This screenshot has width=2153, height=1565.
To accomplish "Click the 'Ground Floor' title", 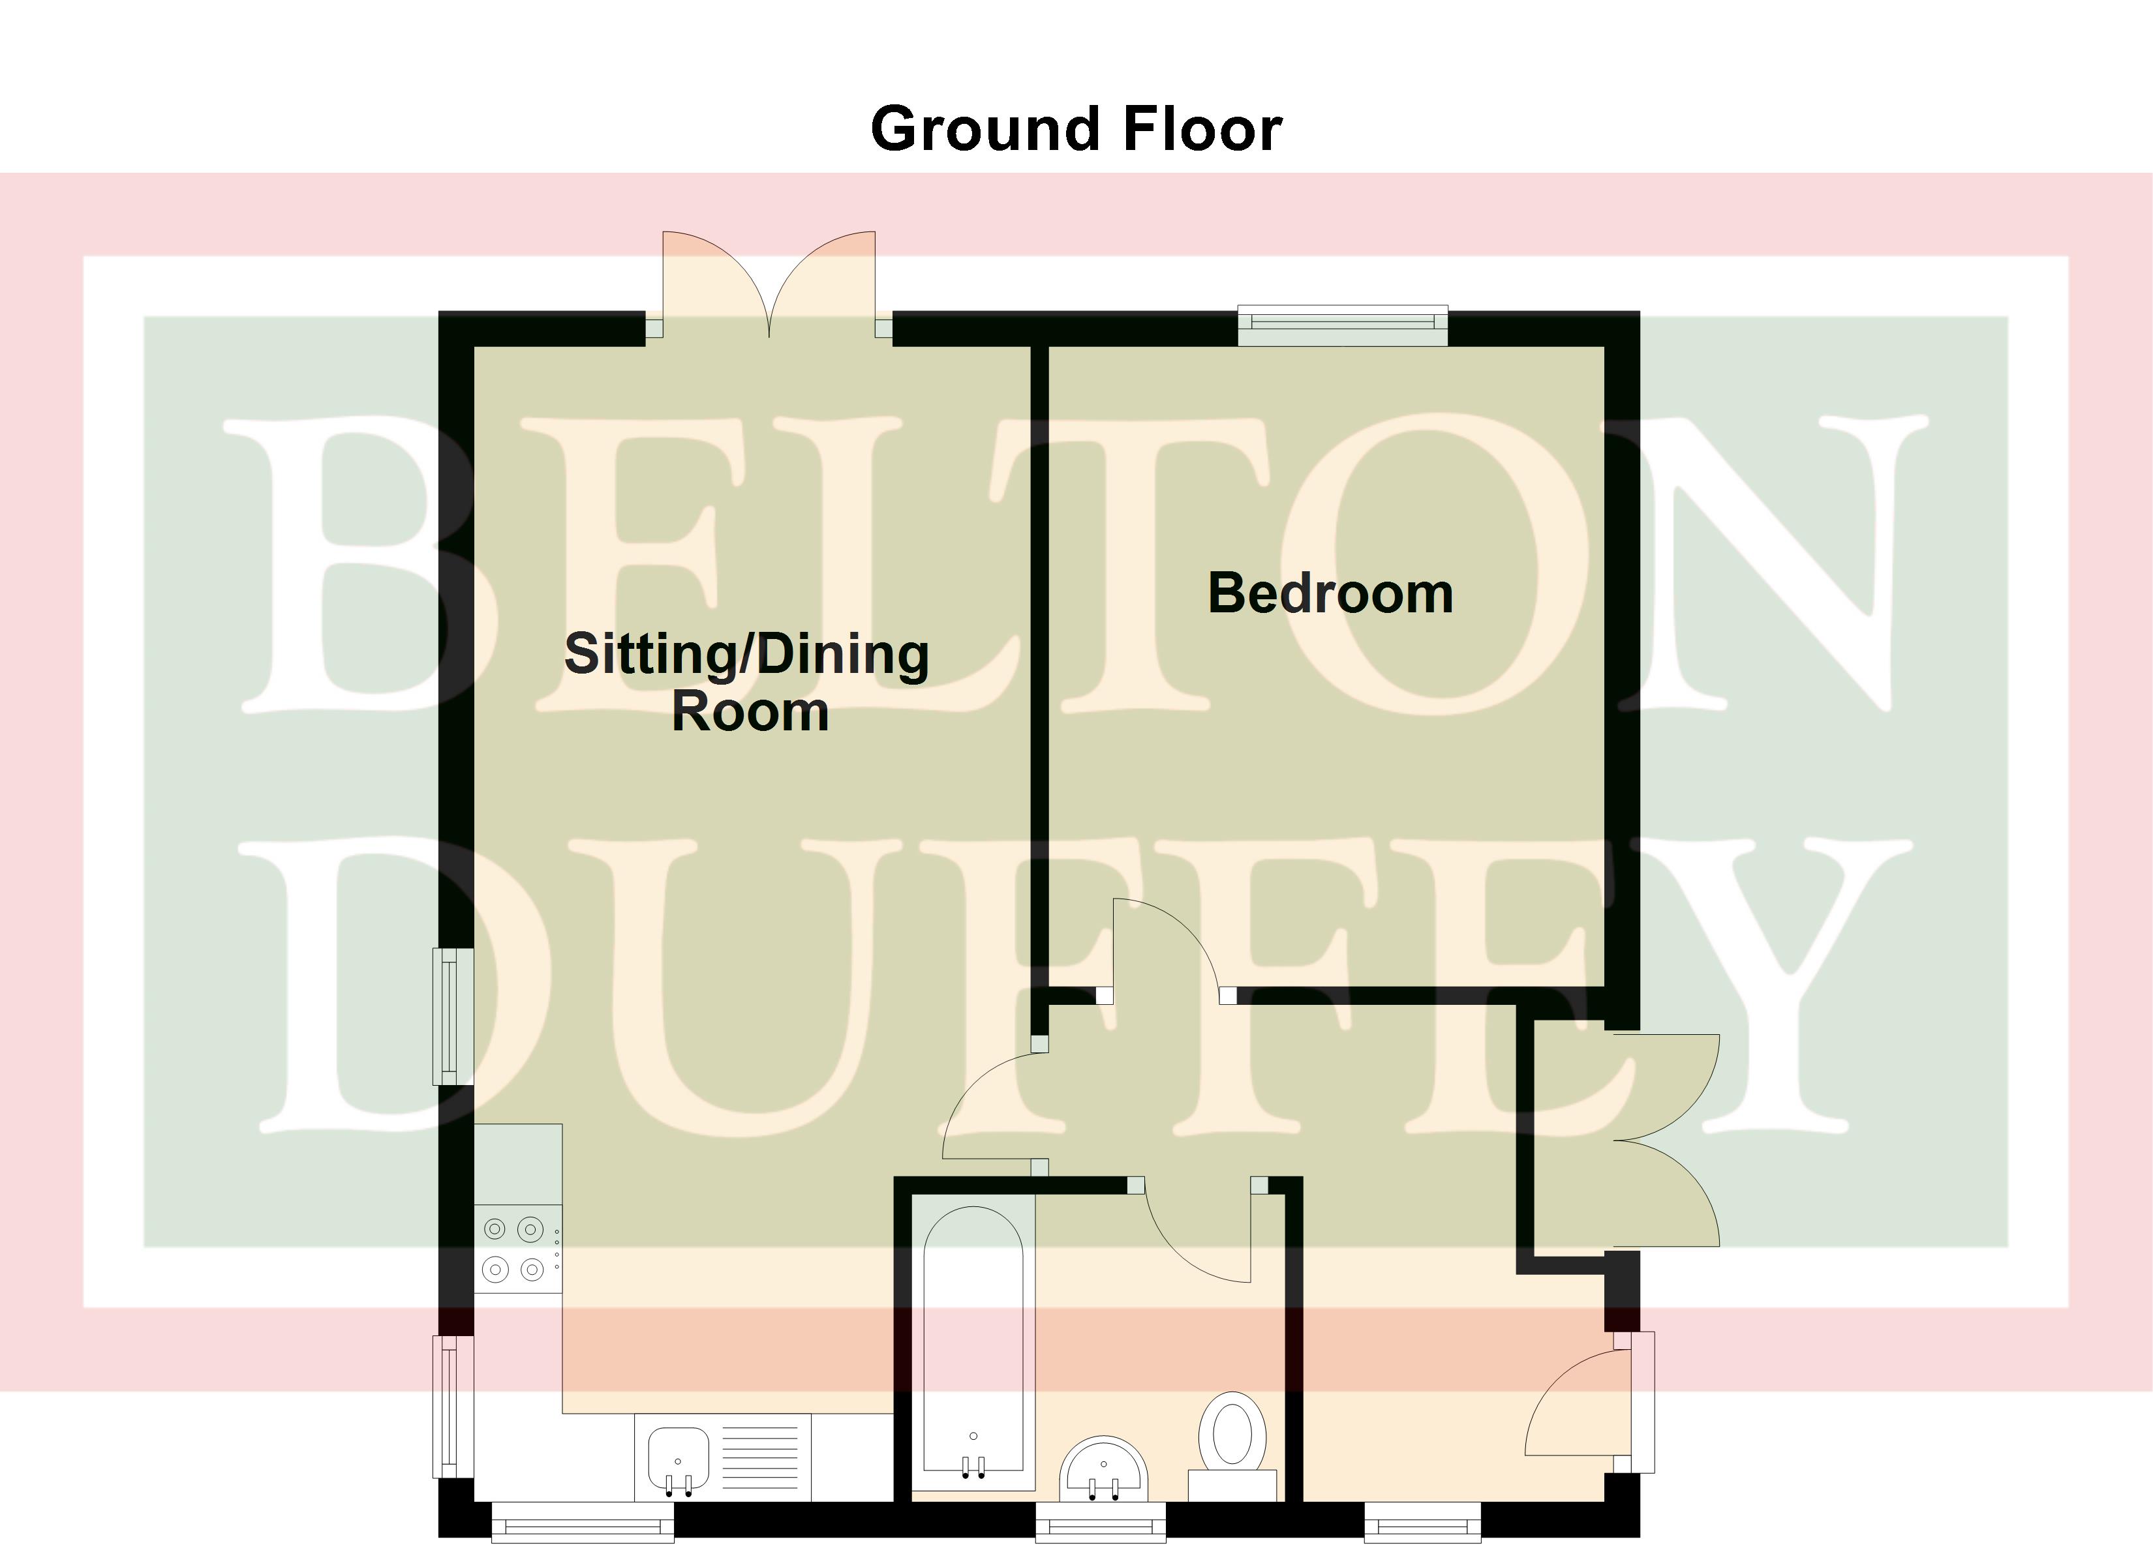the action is point(1076,129).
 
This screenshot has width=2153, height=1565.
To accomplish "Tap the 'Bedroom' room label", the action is point(1330,593).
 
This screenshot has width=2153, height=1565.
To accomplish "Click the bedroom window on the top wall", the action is point(1342,325).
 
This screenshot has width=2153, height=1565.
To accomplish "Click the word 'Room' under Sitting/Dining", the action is point(750,712).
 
